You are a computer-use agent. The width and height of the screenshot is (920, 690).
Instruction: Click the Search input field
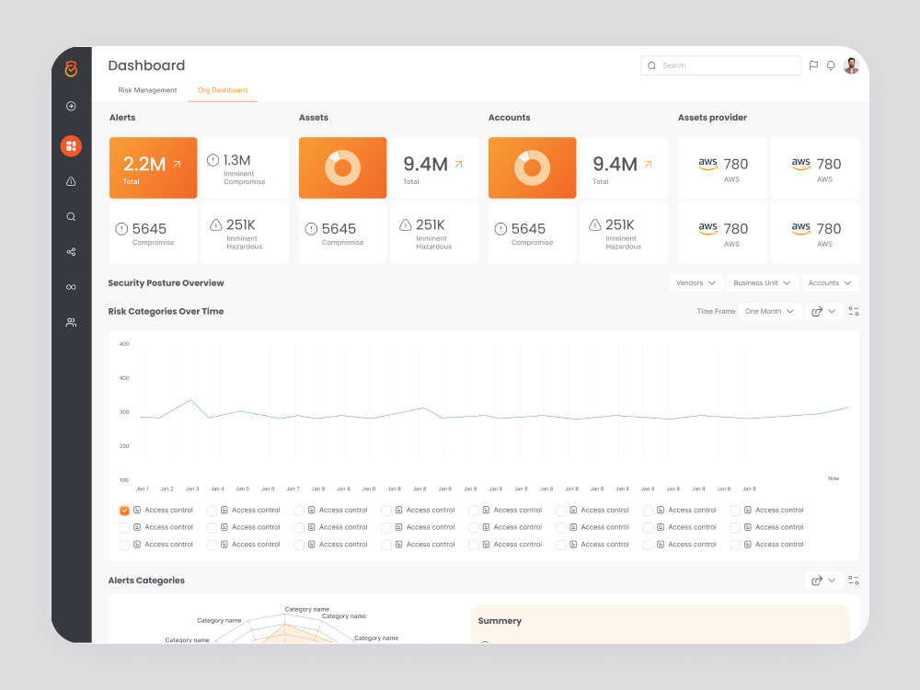(x=720, y=65)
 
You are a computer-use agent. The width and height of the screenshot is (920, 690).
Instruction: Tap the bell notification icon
(x=831, y=65)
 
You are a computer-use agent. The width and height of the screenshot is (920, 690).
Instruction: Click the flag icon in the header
(x=813, y=65)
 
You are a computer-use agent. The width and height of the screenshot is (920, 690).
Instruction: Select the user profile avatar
(x=851, y=65)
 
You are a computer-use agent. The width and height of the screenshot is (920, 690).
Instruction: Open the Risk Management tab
(x=147, y=90)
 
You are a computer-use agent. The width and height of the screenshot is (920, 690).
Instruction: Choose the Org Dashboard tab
(x=223, y=90)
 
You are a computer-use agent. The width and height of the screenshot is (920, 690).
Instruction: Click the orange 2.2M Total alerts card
(x=153, y=167)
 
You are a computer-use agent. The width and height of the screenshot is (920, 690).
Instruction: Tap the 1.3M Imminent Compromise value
(x=236, y=160)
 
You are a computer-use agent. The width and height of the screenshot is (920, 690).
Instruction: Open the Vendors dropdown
(x=696, y=282)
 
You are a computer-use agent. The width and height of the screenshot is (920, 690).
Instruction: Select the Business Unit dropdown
(x=762, y=282)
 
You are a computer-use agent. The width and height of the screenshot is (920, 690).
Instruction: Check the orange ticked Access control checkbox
(x=124, y=511)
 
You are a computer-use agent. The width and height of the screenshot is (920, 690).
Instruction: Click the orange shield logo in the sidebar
(x=71, y=69)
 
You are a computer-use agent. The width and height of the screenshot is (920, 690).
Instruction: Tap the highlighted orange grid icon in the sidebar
(x=71, y=146)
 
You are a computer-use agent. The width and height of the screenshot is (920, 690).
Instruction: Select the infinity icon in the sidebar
(x=71, y=287)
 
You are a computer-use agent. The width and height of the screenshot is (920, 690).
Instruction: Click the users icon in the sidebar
(x=71, y=322)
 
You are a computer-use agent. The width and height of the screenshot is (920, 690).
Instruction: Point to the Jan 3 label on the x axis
(x=192, y=489)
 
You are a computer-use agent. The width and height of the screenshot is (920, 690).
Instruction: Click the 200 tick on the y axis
(x=124, y=446)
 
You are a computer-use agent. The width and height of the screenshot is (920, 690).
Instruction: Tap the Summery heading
(x=500, y=621)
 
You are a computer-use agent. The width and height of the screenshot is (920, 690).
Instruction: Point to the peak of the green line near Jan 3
(x=190, y=400)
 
